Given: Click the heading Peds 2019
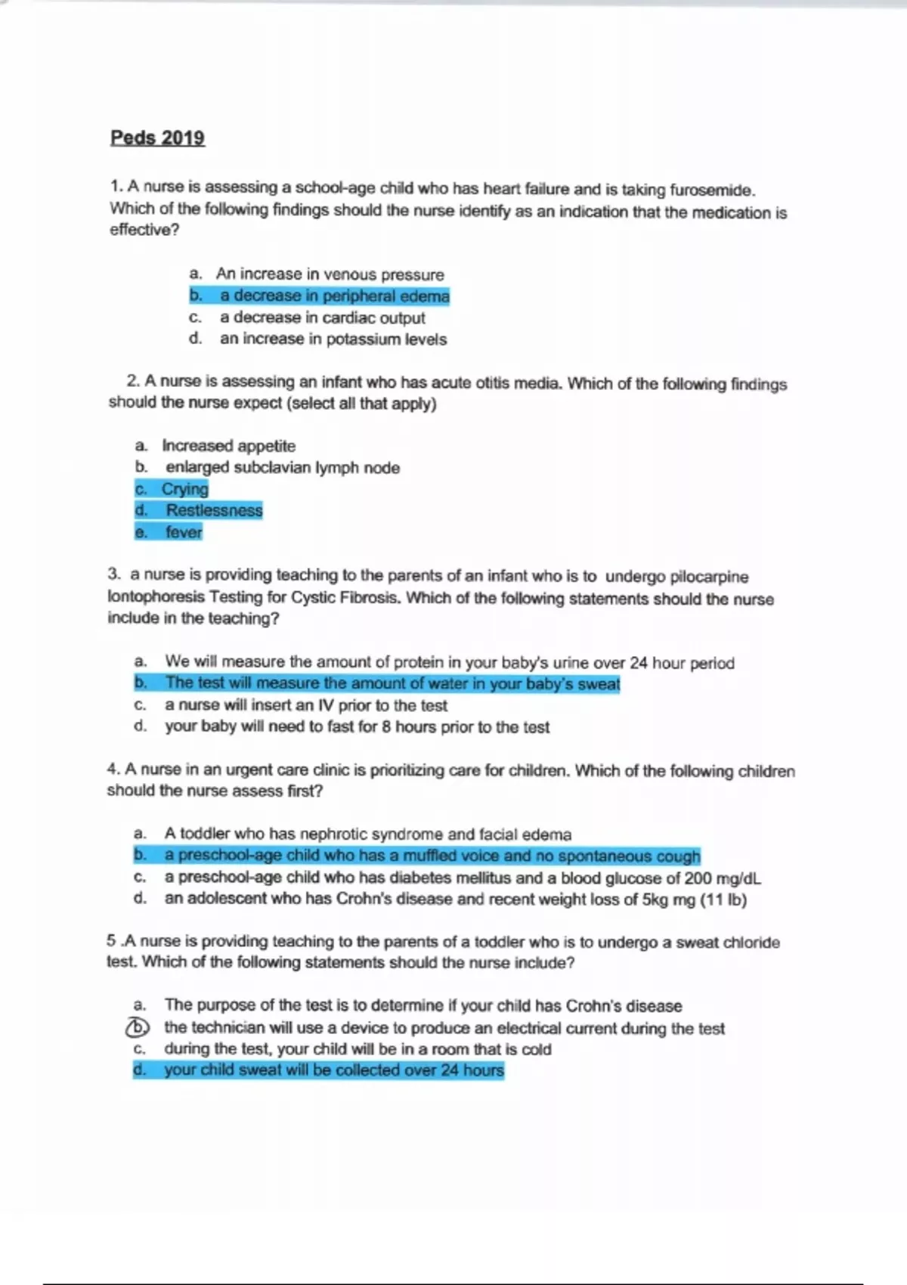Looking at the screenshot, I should tap(157, 138).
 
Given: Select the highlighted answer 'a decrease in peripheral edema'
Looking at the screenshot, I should tap(334, 296).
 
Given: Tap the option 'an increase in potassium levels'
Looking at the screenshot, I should tap(333, 339).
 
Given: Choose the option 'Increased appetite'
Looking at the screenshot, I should tap(228, 446).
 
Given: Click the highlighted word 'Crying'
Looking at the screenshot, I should tap(184, 489).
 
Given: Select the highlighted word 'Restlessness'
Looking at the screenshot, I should tap(214, 511).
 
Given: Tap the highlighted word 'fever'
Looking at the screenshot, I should tap(184, 533).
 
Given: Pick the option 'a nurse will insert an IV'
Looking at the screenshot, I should tap(305, 705).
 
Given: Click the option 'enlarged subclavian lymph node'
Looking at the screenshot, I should tap(282, 468).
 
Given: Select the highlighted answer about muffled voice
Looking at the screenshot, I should tap(432, 856).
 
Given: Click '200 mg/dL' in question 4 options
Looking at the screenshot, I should tap(723, 878).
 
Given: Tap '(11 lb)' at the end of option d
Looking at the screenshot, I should tap(723, 900).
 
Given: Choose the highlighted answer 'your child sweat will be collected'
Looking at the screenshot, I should tap(333, 1070).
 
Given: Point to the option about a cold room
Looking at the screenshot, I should tap(358, 1049).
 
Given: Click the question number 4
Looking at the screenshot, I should tap(113, 769).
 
